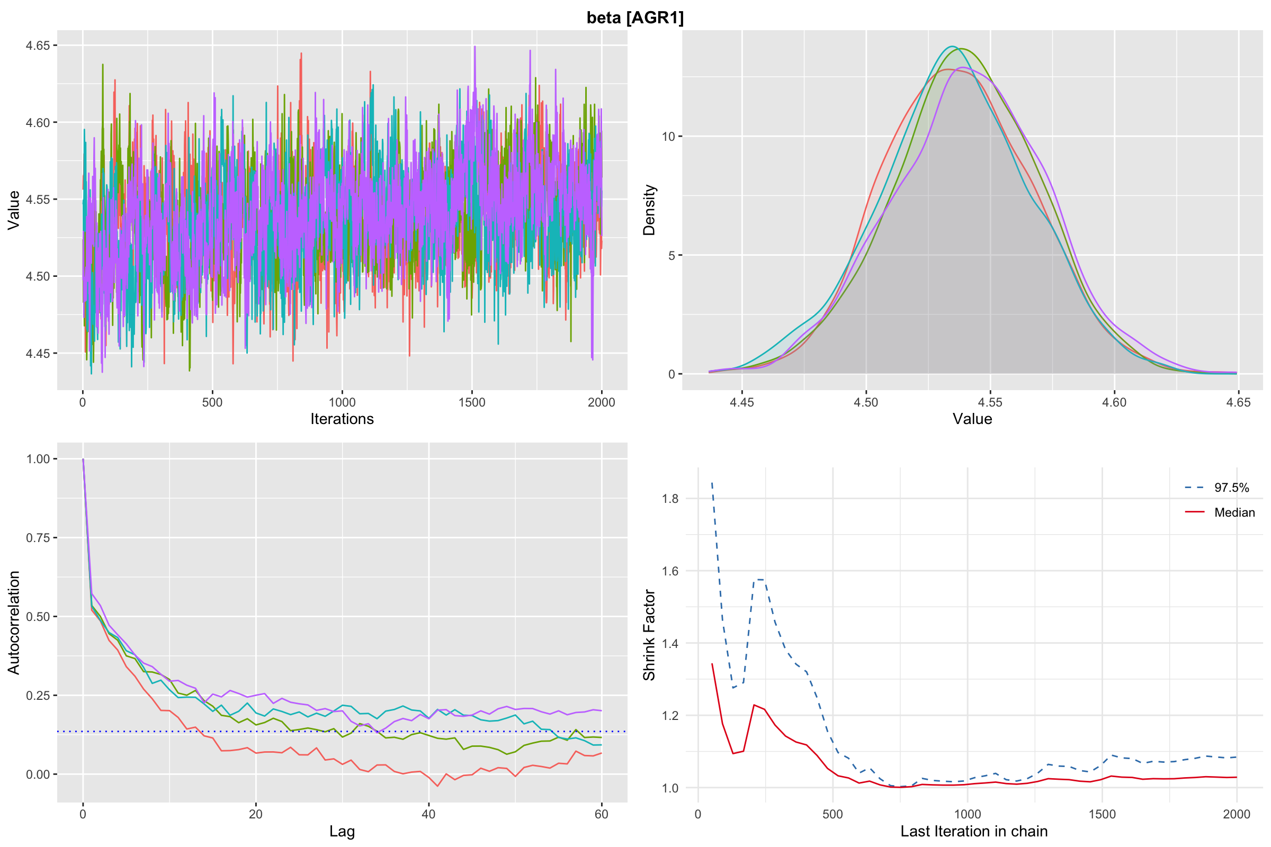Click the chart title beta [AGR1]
tap(635, 18)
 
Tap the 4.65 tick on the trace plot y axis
tap(38, 46)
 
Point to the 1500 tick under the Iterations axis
tap(472, 402)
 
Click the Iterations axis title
tap(342, 419)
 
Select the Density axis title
tap(649, 210)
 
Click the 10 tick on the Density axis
tap(668, 137)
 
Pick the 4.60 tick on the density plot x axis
tap(1114, 402)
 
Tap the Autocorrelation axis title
tap(14, 623)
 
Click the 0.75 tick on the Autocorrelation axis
tap(38, 538)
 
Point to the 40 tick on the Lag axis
tap(428, 814)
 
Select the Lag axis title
tap(342, 831)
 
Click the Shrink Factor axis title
tap(649, 635)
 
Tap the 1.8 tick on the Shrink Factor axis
tap(670, 499)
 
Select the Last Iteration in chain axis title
tap(974, 831)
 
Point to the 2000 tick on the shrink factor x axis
tap(1237, 814)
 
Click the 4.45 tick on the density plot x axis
tap(741, 402)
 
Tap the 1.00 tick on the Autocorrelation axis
tap(38, 459)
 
